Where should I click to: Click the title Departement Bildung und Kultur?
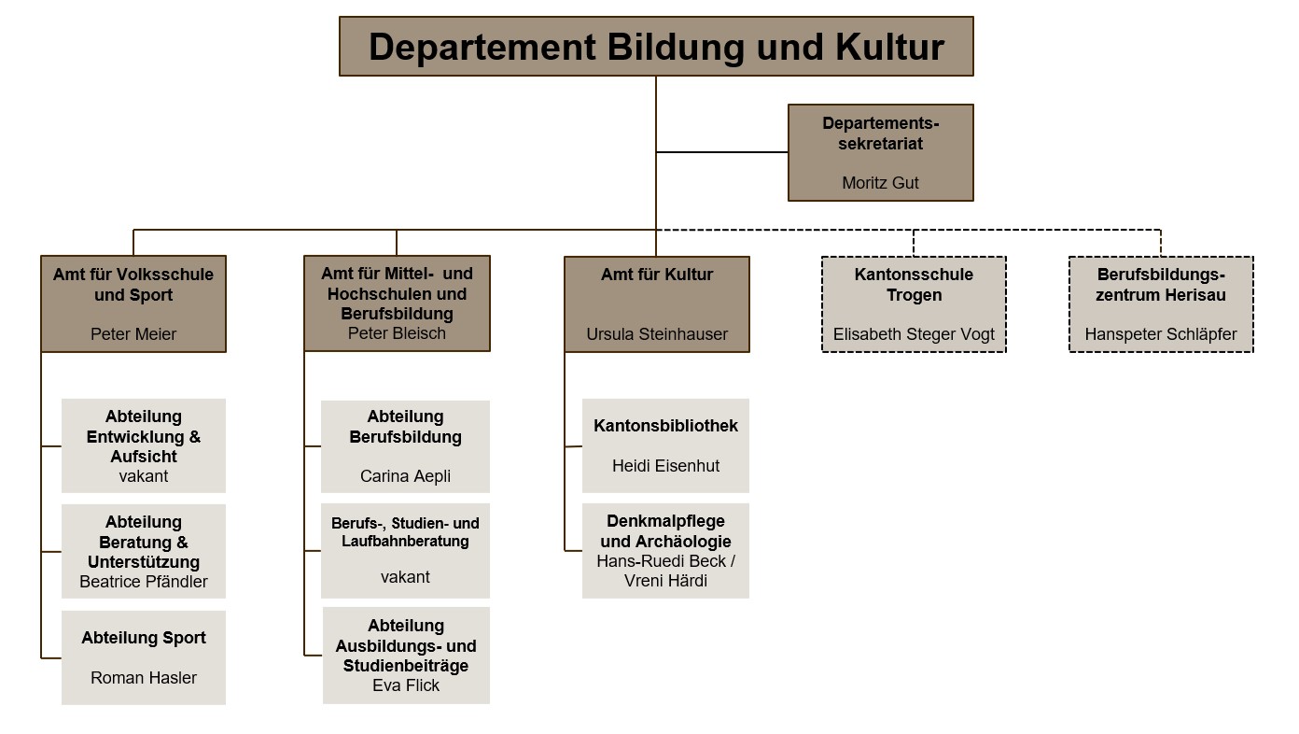click(656, 47)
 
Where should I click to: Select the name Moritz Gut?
click(880, 183)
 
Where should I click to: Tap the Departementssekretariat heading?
click(880, 134)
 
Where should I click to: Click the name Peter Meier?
click(133, 334)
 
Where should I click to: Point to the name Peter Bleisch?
click(397, 333)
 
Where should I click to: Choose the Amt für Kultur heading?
click(657, 275)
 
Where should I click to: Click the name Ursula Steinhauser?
click(657, 334)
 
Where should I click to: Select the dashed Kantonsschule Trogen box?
click(914, 304)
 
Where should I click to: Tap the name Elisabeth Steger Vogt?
click(914, 334)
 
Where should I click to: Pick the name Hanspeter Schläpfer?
click(1161, 334)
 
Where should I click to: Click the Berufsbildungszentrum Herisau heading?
click(1161, 285)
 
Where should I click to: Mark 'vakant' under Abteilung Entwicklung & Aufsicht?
click(144, 476)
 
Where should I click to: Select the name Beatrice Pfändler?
click(144, 582)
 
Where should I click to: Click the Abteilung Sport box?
click(144, 656)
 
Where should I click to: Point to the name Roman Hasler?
click(144, 678)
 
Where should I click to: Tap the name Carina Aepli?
click(405, 476)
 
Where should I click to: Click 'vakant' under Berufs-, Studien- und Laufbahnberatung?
click(405, 577)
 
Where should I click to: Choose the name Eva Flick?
click(405, 685)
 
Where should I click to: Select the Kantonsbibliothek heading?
click(665, 426)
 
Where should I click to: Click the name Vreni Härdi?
click(665, 581)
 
